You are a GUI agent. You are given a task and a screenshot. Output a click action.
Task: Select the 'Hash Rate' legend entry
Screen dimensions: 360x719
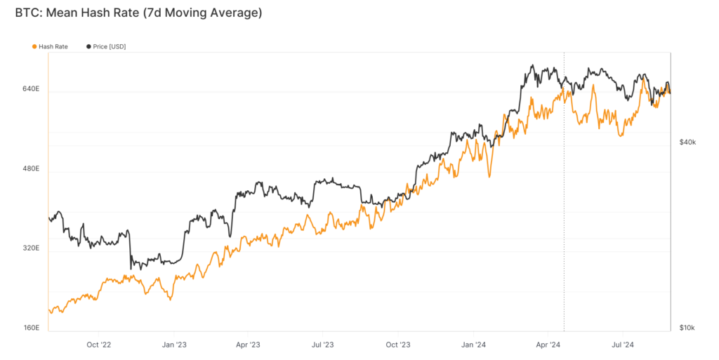53,46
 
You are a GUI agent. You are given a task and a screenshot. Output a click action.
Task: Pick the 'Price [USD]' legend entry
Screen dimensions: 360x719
110,46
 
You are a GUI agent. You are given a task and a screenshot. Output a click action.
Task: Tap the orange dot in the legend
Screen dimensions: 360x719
34,46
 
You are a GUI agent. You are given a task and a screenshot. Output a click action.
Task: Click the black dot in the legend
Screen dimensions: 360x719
88,46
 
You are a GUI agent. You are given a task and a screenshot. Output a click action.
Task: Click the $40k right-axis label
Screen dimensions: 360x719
687,142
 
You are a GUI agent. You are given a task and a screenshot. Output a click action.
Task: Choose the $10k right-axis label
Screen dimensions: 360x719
687,328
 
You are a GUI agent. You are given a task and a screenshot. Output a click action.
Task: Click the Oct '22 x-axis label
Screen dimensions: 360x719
98,345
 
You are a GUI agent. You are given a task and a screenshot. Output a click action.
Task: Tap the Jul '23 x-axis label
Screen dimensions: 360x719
322,345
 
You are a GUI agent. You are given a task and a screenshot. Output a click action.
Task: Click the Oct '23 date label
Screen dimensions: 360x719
397,345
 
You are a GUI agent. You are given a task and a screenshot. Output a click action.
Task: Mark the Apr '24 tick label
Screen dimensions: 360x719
548,345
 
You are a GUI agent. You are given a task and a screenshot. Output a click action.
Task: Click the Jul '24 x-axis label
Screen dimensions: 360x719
622,345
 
